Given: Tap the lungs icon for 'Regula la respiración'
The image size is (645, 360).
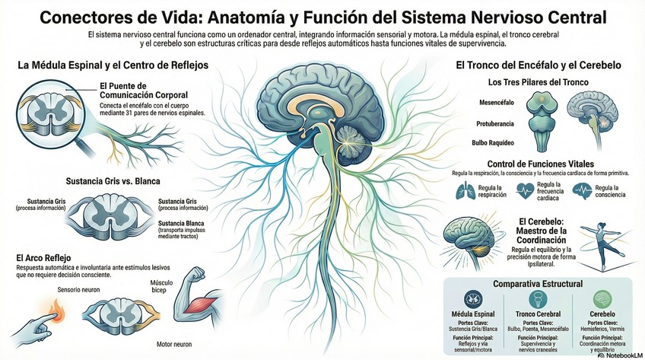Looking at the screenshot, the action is pyautogui.click(x=462, y=193).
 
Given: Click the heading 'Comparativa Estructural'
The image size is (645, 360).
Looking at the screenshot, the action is pyautogui.click(x=538, y=284).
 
